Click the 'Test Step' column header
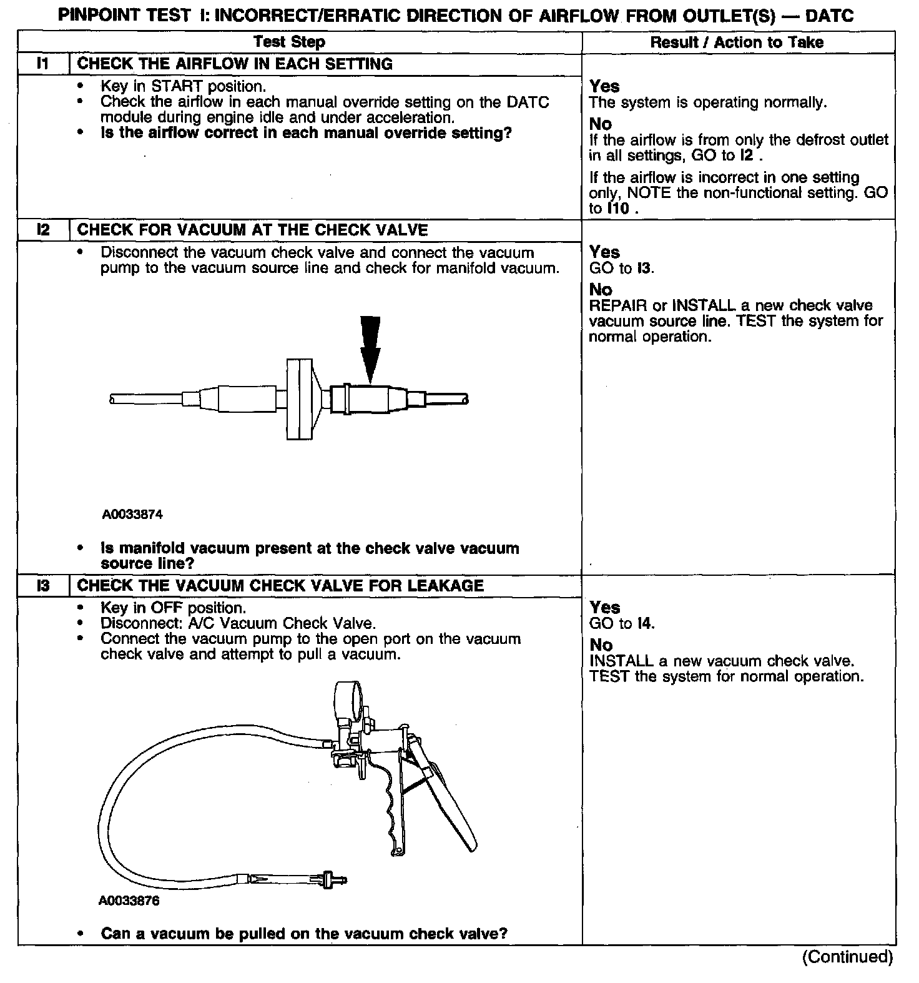[289, 42]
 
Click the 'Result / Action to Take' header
[737, 42]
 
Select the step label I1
[43, 64]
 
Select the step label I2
[43, 230]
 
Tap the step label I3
[43, 585]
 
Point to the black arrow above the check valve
[370, 347]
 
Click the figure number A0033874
[133, 515]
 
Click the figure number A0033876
[129, 901]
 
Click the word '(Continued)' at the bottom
[847, 956]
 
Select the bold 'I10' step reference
[618, 209]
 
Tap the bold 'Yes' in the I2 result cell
[604, 252]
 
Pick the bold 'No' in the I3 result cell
[601, 645]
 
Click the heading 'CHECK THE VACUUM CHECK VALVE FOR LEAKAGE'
[280, 585]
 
